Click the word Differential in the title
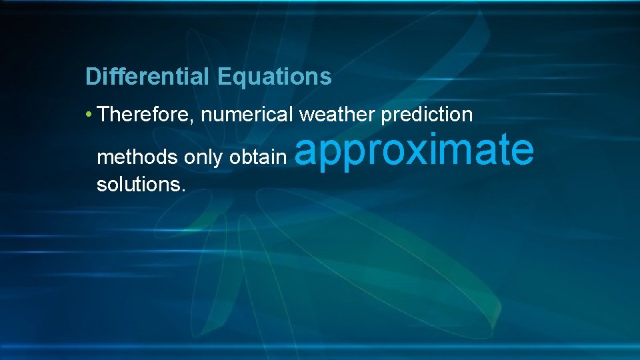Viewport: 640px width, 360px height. (x=147, y=77)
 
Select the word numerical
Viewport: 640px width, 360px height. (x=247, y=115)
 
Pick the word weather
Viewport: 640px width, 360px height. (x=337, y=115)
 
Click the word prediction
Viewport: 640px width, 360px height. (x=427, y=115)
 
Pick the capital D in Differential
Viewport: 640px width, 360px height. (x=92, y=77)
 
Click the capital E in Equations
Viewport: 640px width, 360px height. (x=223, y=77)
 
